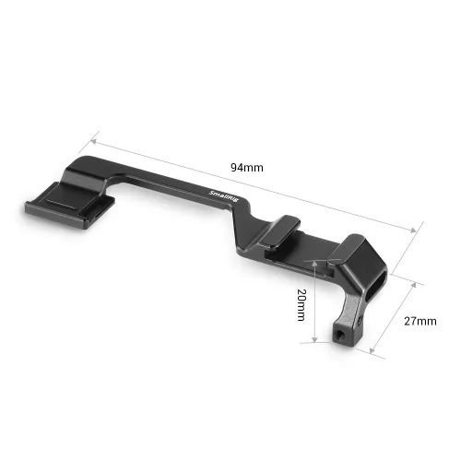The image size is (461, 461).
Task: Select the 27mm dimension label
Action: pyautogui.click(x=420, y=322)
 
